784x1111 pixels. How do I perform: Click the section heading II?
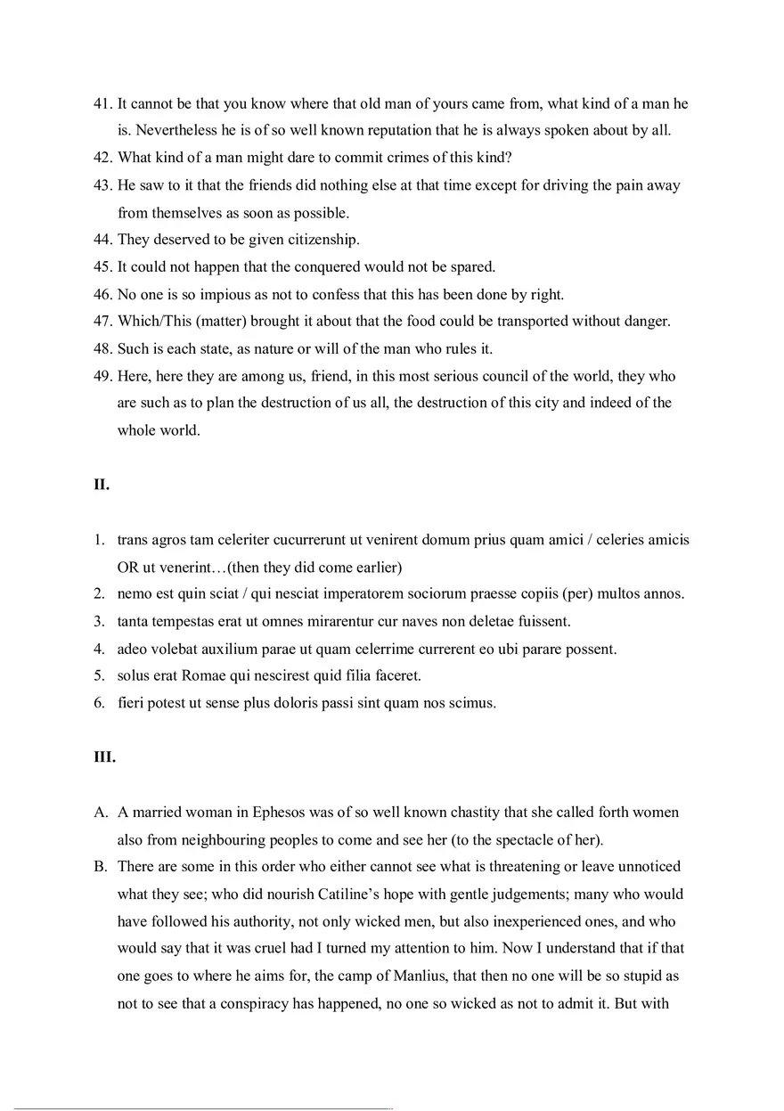coord(101,485)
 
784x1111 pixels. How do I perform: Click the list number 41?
coord(103,103)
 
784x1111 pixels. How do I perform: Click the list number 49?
coord(103,375)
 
